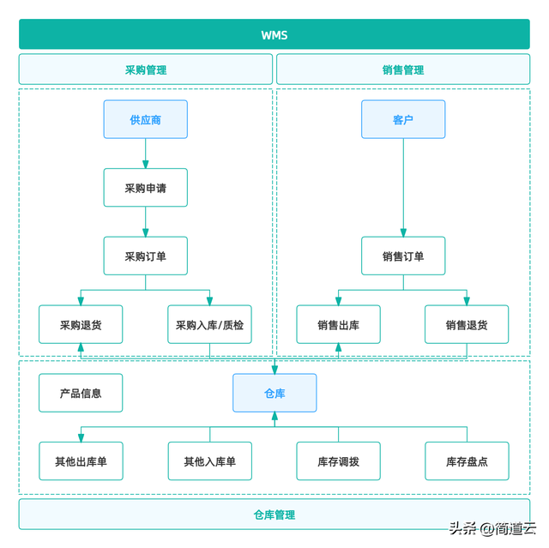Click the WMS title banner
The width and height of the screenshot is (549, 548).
(x=274, y=35)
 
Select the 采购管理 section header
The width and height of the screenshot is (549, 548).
(x=146, y=69)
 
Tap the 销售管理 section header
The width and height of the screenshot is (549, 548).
(x=403, y=69)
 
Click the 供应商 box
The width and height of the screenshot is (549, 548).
(x=146, y=119)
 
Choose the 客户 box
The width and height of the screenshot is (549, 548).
(x=403, y=119)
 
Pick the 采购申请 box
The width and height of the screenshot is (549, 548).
(x=146, y=187)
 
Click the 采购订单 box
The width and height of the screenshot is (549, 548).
(x=146, y=256)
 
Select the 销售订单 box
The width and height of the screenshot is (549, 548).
(x=403, y=256)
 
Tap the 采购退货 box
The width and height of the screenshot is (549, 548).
(x=81, y=324)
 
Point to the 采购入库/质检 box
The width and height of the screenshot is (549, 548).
(x=209, y=324)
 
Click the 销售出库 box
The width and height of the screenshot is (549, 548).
(x=338, y=324)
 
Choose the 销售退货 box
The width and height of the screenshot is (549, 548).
(x=467, y=324)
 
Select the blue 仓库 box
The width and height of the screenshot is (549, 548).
(x=274, y=393)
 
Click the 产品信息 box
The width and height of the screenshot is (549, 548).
(x=81, y=393)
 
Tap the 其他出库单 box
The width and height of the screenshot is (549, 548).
(x=81, y=461)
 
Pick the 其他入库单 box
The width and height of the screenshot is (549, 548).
(x=209, y=461)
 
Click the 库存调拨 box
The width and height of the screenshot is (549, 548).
(x=338, y=461)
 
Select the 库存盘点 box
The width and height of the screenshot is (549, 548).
(x=467, y=461)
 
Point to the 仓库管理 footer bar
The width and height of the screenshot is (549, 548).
(x=274, y=515)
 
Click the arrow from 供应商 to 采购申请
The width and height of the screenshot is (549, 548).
(x=146, y=154)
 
